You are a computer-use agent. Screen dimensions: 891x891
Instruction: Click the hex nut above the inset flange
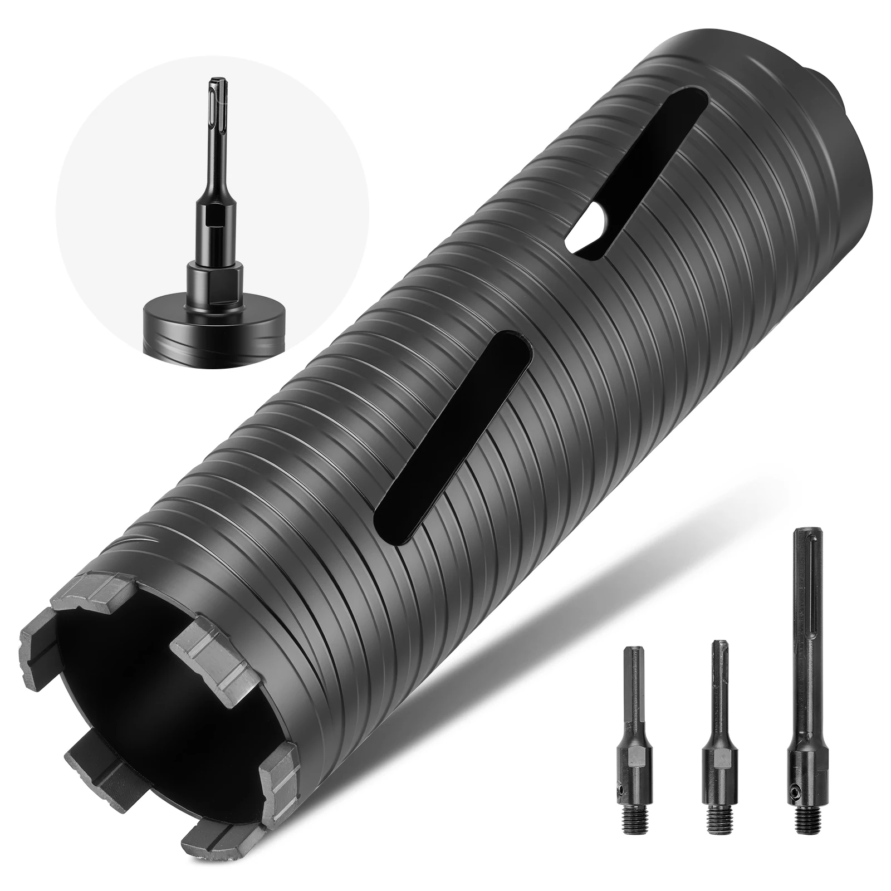(x=214, y=276)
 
